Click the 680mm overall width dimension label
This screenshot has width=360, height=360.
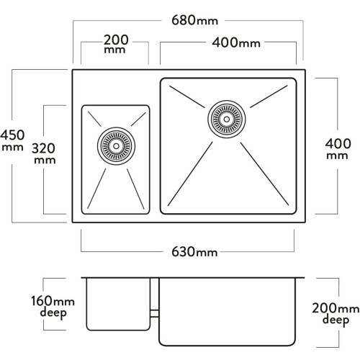[x=194, y=20]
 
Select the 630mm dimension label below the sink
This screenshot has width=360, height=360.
[x=194, y=252]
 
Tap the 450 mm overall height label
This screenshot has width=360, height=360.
[x=12, y=140]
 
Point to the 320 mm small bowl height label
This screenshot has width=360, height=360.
[x=44, y=153]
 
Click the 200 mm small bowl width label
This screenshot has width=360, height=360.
[x=116, y=44]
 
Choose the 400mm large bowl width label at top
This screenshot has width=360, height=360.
[x=236, y=43]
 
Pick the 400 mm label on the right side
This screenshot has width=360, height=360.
[x=338, y=149]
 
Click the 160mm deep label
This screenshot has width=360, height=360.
[x=53, y=307]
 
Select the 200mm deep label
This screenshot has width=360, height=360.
[x=336, y=314]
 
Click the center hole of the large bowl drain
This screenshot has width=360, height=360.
[x=227, y=119]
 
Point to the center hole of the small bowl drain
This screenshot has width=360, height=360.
[x=116, y=146]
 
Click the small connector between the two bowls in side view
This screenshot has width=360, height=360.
[x=155, y=313]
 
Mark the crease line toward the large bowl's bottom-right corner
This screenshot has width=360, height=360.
[x=264, y=174]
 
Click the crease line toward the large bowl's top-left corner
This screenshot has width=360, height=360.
[x=187, y=96]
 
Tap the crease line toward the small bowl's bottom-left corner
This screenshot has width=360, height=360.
[x=96, y=189]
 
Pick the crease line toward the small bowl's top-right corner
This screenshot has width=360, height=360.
[x=138, y=119]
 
